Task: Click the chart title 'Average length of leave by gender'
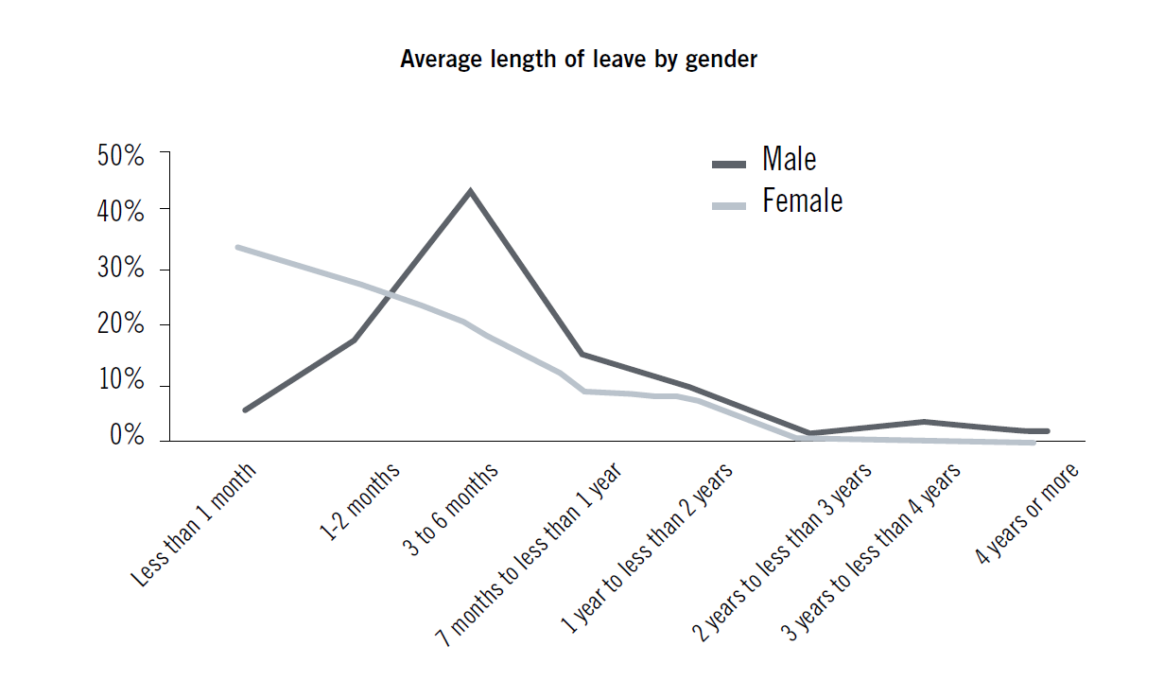click(x=579, y=59)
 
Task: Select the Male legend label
click(x=789, y=159)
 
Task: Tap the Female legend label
click(x=802, y=201)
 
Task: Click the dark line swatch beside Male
click(x=729, y=164)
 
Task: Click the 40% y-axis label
click(x=121, y=212)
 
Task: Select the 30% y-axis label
click(x=121, y=269)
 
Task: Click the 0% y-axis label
click(x=127, y=436)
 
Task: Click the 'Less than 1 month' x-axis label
click(x=195, y=525)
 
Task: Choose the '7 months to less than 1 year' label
click(x=529, y=554)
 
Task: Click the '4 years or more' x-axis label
click(x=1028, y=515)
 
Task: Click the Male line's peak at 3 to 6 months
click(x=470, y=191)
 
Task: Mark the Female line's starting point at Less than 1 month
click(x=238, y=248)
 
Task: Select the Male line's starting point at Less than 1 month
click(x=245, y=410)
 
